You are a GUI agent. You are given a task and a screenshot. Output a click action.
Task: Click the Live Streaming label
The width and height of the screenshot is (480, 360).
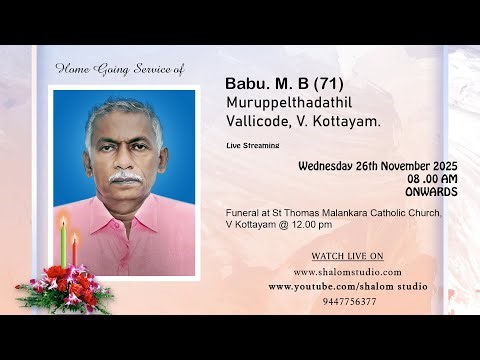pos(252,146)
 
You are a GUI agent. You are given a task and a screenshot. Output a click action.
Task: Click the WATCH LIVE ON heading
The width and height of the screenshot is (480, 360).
pos(347,254)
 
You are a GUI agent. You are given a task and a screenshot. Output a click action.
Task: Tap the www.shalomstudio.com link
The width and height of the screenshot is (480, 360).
pos(347,271)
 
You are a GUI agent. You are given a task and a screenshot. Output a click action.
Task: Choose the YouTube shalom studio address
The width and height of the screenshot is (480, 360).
pos(347,286)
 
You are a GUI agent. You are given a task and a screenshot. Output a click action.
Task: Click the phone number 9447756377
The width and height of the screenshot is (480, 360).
pos(349,301)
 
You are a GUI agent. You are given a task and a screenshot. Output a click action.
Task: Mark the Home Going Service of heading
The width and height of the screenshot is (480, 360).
pos(119,69)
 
